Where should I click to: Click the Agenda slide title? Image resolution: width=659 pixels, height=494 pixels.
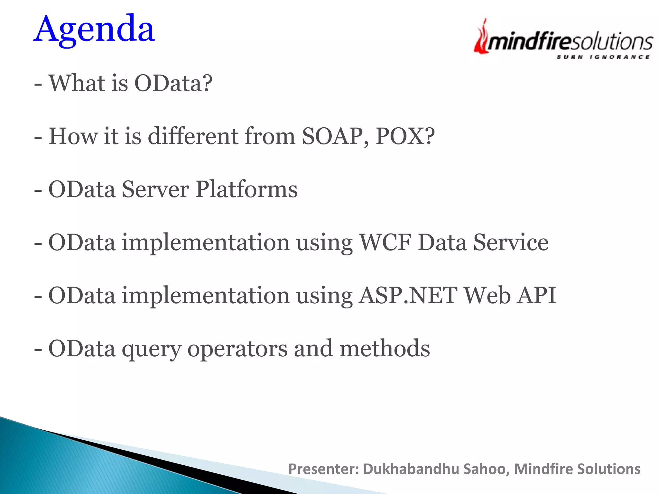tap(94, 30)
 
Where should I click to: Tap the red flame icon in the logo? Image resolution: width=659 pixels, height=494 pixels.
tap(482, 38)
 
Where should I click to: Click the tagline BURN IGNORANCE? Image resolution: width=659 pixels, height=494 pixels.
tap(603, 57)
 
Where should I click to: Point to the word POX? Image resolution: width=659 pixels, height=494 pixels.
tap(405, 136)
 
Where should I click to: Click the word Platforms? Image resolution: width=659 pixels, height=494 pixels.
tap(246, 189)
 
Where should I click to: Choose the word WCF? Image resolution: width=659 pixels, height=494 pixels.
tap(385, 242)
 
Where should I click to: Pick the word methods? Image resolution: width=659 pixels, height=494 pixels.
tap(385, 349)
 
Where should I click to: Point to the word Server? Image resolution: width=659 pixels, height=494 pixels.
tap(155, 189)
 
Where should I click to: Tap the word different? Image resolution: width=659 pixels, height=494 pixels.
tap(193, 136)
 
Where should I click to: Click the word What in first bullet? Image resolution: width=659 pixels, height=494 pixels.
tap(77, 84)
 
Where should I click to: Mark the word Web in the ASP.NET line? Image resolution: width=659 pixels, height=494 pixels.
tap(487, 296)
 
